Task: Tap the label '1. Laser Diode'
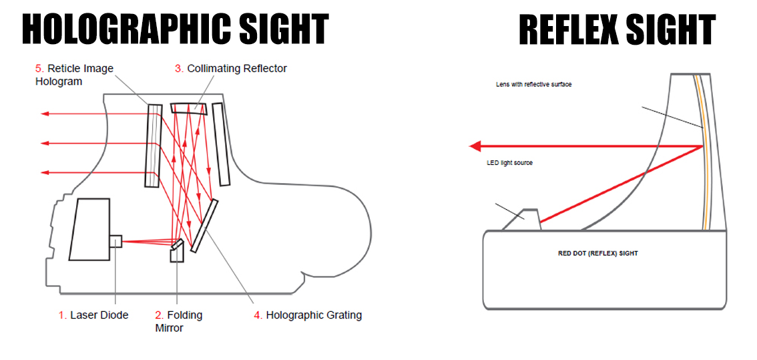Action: tap(93, 315)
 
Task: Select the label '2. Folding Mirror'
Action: tap(178, 321)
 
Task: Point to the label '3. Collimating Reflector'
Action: tap(231, 68)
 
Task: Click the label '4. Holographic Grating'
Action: tap(308, 315)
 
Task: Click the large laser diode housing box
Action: tap(89, 228)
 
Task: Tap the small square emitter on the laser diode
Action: tap(115, 241)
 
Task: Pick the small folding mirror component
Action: tap(176, 251)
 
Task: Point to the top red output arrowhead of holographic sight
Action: tap(45, 114)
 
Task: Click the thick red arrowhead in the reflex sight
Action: tap(476, 146)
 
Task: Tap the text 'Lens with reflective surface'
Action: tap(533, 85)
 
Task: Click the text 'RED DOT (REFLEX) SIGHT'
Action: tap(597, 253)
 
